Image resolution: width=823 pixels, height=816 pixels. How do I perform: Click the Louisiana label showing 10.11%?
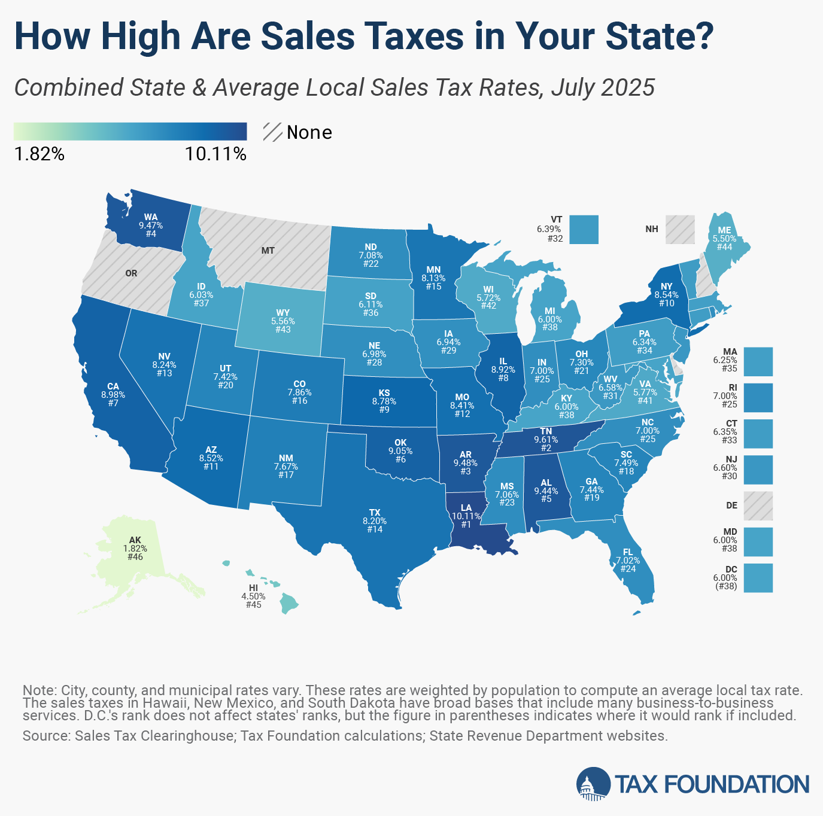coord(466,516)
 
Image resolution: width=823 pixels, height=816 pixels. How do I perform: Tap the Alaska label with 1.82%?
coord(135,549)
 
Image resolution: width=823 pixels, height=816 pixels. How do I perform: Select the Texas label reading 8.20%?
coord(375,521)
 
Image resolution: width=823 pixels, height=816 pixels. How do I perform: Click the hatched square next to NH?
coord(680,230)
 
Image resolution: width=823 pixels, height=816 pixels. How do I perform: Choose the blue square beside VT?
coord(584,230)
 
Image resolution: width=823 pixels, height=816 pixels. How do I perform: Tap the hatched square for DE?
coord(758,506)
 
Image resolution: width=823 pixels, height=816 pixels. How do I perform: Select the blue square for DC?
coord(758,578)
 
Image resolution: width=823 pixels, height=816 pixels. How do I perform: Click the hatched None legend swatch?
coord(272,132)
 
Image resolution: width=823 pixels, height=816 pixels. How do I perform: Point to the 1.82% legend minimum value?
coord(39,154)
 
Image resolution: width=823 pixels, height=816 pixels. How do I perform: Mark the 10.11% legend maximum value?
coord(215,154)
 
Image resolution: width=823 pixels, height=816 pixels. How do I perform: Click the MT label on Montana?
coord(268,251)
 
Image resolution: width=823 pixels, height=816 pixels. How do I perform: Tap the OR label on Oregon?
coord(131,273)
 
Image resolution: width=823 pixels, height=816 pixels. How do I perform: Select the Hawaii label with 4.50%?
coord(253,596)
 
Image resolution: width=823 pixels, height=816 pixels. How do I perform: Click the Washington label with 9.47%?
coord(151,226)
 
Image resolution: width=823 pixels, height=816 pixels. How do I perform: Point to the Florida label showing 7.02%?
coord(627,561)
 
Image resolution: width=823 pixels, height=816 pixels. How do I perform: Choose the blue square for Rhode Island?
coord(758,397)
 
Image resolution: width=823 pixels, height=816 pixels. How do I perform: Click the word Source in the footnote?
coord(46,736)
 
